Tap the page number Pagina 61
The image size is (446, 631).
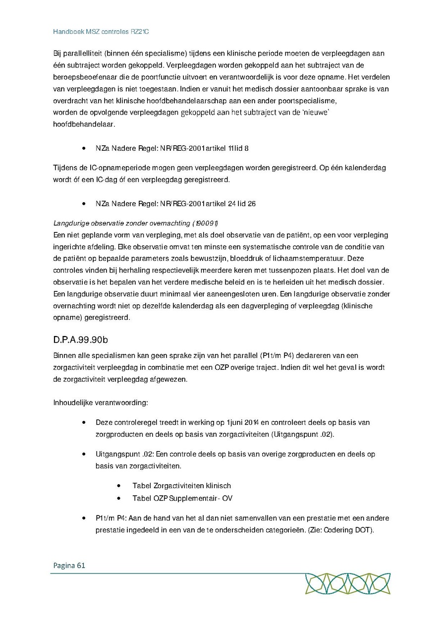(67, 565)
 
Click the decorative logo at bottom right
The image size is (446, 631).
(347, 583)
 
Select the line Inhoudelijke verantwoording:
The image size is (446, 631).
(100, 402)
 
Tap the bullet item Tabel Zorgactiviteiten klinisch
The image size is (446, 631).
(181, 485)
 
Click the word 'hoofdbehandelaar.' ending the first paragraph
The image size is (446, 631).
(83, 124)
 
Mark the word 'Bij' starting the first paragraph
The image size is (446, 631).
(57, 53)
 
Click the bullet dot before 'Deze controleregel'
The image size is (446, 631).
(84, 423)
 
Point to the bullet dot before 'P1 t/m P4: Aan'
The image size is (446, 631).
(84, 518)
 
